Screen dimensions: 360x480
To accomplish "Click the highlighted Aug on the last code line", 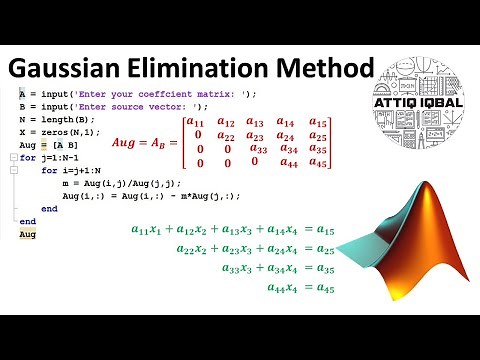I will point(27,233).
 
